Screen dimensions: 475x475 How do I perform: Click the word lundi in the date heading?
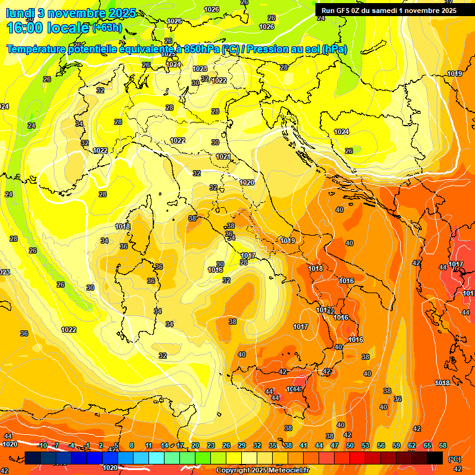coord(20,13)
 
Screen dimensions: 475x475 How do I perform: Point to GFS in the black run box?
coord(345,11)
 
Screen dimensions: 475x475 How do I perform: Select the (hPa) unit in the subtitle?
coord(335,49)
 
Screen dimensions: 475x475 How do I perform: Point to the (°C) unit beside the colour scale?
coord(455,459)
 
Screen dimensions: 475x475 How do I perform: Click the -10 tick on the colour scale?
coord(42,445)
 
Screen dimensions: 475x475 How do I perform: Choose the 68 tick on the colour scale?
coord(443,445)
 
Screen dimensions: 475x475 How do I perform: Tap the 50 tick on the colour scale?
coord(350,445)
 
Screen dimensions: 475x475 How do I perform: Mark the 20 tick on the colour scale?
coord(195,445)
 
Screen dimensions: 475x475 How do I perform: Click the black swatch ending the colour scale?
coord(435,458)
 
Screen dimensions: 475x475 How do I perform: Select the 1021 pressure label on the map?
coord(223,156)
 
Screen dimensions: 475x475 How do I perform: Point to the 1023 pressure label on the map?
coord(200,69)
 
